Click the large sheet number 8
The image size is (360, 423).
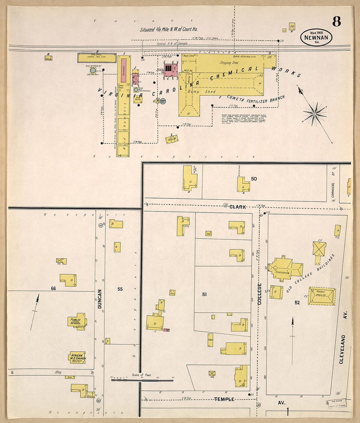click(336, 22)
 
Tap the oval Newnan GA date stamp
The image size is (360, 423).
click(316, 37)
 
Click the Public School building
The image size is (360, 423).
click(77, 322)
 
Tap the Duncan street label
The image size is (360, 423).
click(100, 299)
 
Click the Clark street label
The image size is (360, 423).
click(238, 207)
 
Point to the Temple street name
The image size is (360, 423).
click(224, 399)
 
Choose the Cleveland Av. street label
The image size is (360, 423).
click(342, 349)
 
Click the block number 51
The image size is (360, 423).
click(205, 295)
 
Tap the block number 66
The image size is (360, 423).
click(54, 288)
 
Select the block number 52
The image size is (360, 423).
click(297, 303)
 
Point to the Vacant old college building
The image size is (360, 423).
click(321, 296)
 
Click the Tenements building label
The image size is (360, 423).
click(282, 272)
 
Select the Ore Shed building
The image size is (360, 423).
click(97, 58)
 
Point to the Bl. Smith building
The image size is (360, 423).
click(172, 139)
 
